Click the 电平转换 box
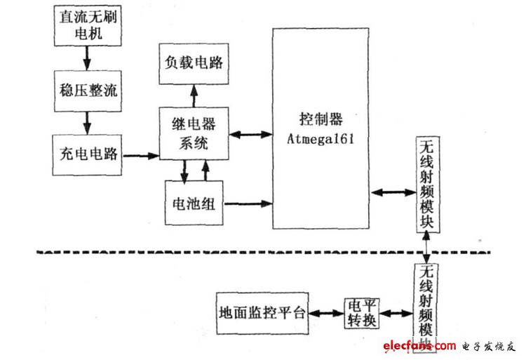point(363,313)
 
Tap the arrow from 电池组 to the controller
point(249,204)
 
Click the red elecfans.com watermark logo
point(419,345)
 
